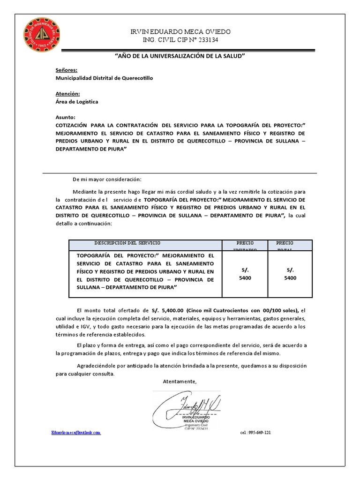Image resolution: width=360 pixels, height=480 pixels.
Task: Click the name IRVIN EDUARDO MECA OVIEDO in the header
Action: click(x=180, y=31)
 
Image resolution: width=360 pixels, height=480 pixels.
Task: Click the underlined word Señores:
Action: click(x=66, y=70)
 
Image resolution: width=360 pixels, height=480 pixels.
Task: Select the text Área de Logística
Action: click(x=77, y=102)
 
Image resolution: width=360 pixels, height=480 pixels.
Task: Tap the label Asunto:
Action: click(x=65, y=117)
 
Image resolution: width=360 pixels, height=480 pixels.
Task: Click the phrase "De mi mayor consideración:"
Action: click(x=106, y=180)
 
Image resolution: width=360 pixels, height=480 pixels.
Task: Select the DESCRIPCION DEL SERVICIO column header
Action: click(x=127, y=243)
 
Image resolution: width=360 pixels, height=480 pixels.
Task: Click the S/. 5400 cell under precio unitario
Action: click(x=245, y=274)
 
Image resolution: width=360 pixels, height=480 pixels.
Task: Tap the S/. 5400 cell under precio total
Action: click(x=290, y=274)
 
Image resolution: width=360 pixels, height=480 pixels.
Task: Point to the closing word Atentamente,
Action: click(x=180, y=382)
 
